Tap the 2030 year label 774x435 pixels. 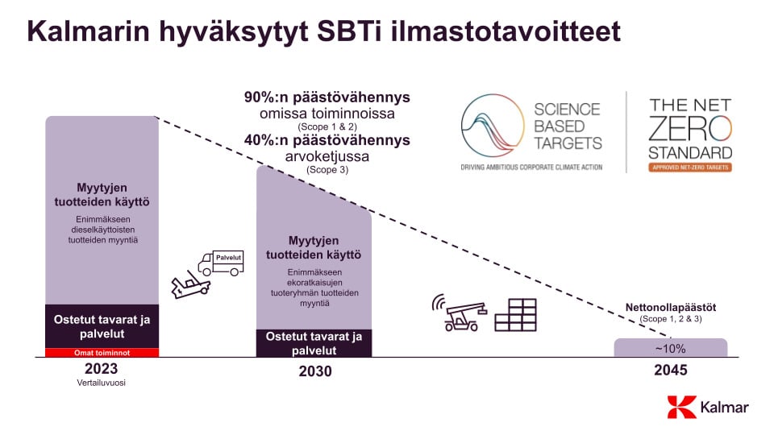[x=314, y=371]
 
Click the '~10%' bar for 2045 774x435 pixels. [x=670, y=348]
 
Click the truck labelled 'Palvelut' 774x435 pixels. [x=222, y=262]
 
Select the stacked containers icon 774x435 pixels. [x=515, y=315]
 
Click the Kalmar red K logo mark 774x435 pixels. [x=681, y=407]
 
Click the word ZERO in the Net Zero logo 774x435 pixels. [x=690, y=130]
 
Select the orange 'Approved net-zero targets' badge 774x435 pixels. [x=690, y=168]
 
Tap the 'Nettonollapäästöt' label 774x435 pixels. [x=671, y=308]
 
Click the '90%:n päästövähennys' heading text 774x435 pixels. [x=327, y=97]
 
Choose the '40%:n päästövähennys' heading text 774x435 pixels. [x=327, y=140]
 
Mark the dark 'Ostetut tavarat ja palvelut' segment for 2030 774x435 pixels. [x=314, y=343]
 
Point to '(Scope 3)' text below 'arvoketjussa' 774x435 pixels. [x=327, y=170]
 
